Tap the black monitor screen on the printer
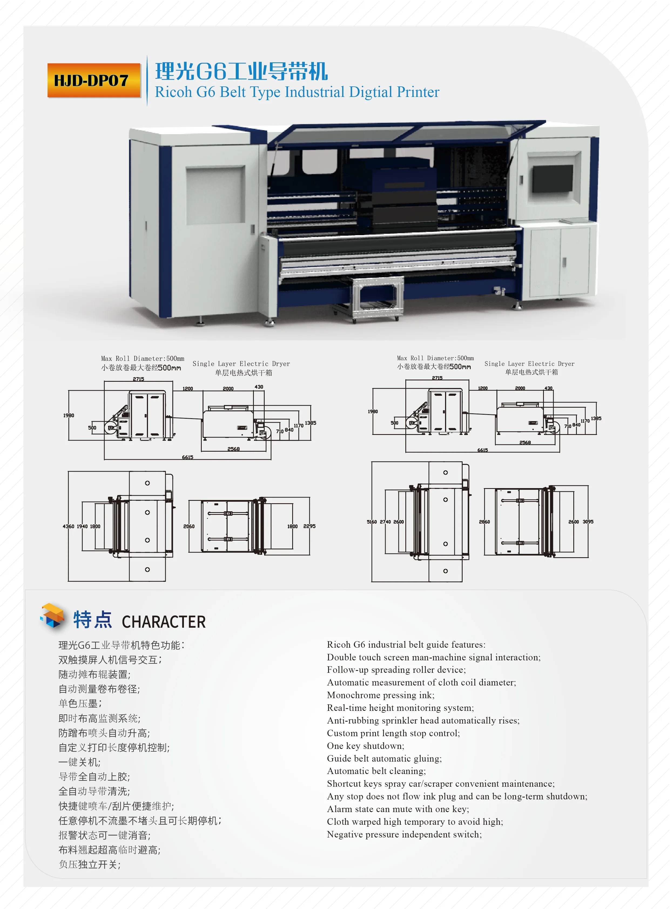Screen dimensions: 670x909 [x=552, y=178]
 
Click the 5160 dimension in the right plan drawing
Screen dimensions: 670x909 [x=372, y=522]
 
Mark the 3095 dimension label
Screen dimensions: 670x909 [x=588, y=522]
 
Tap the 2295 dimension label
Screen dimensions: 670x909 [x=309, y=526]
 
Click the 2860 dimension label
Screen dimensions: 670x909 [x=484, y=522]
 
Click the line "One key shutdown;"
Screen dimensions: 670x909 [x=365, y=746]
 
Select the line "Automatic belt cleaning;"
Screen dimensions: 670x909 [x=376, y=771]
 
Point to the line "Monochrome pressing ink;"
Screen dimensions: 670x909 [x=381, y=695]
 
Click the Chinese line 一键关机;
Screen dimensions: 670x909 [x=79, y=762]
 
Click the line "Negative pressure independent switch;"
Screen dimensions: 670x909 [x=404, y=834]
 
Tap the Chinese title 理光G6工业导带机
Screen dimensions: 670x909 [x=241, y=71]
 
